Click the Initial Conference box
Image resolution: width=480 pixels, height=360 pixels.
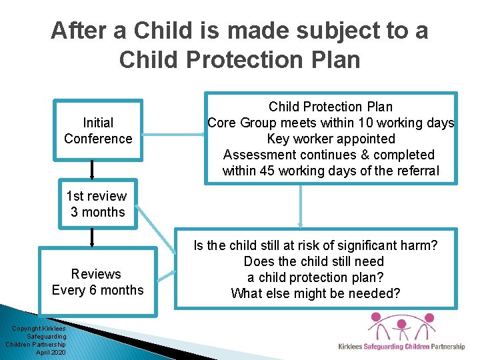coord(98,131)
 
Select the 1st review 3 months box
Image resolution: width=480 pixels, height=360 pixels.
coord(98,204)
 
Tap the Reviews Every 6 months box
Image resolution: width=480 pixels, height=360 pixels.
coord(98,282)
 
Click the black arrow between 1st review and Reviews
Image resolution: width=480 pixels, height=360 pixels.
coord(93,237)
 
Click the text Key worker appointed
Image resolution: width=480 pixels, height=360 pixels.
coord(331,139)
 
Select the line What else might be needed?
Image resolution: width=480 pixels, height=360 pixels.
coord(315,293)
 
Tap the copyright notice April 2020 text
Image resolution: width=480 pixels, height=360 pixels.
coord(51,352)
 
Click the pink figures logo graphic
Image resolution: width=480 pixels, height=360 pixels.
coord(400,328)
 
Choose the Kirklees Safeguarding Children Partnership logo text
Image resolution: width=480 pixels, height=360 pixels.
coord(401,347)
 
